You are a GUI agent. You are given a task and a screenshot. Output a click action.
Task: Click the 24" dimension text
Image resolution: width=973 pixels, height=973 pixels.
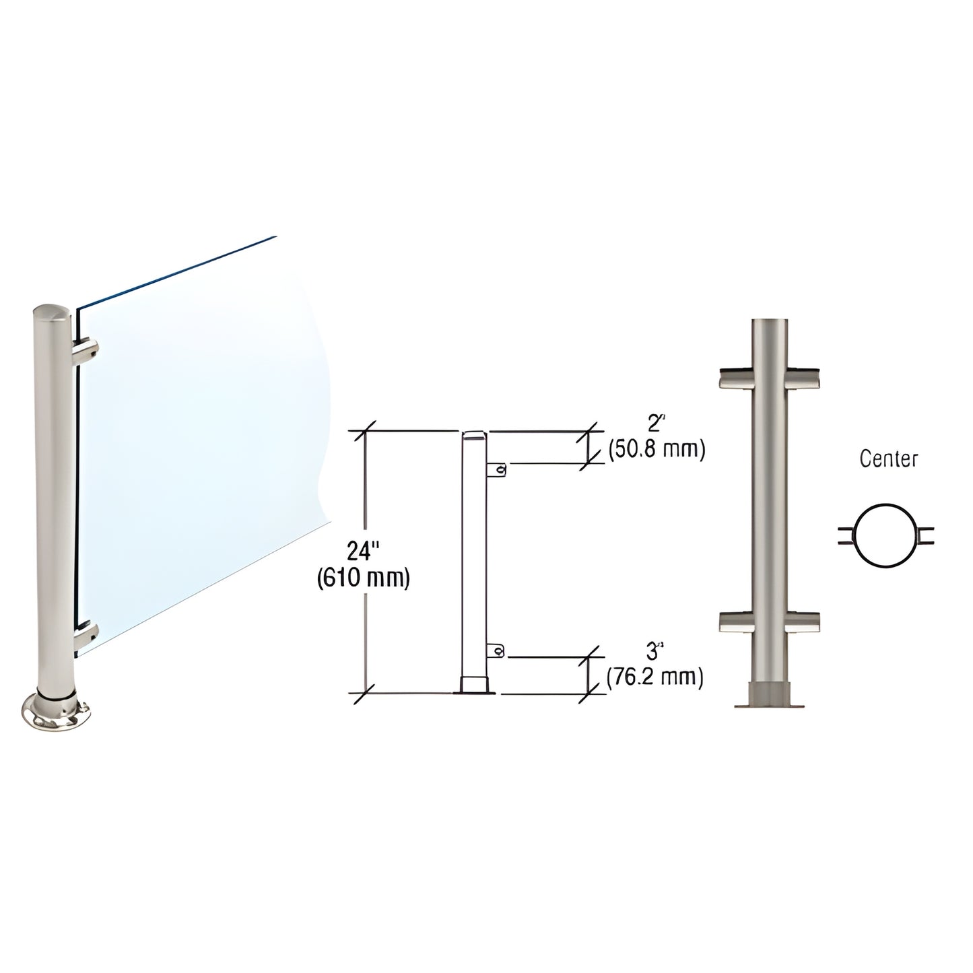(x=363, y=552)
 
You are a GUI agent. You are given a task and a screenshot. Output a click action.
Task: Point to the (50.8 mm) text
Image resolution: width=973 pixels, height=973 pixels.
(x=657, y=450)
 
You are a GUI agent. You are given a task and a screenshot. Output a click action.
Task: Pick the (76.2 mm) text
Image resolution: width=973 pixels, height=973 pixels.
(x=655, y=677)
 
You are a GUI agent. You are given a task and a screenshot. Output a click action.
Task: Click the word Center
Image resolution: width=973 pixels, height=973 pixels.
(x=889, y=459)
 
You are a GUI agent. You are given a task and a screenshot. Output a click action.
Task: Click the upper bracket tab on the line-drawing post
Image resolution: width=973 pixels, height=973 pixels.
(x=498, y=469)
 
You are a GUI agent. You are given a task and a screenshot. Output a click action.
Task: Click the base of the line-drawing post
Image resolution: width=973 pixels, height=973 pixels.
(x=477, y=685)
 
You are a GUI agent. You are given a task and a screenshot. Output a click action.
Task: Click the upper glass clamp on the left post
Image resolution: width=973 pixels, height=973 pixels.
(x=88, y=350)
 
